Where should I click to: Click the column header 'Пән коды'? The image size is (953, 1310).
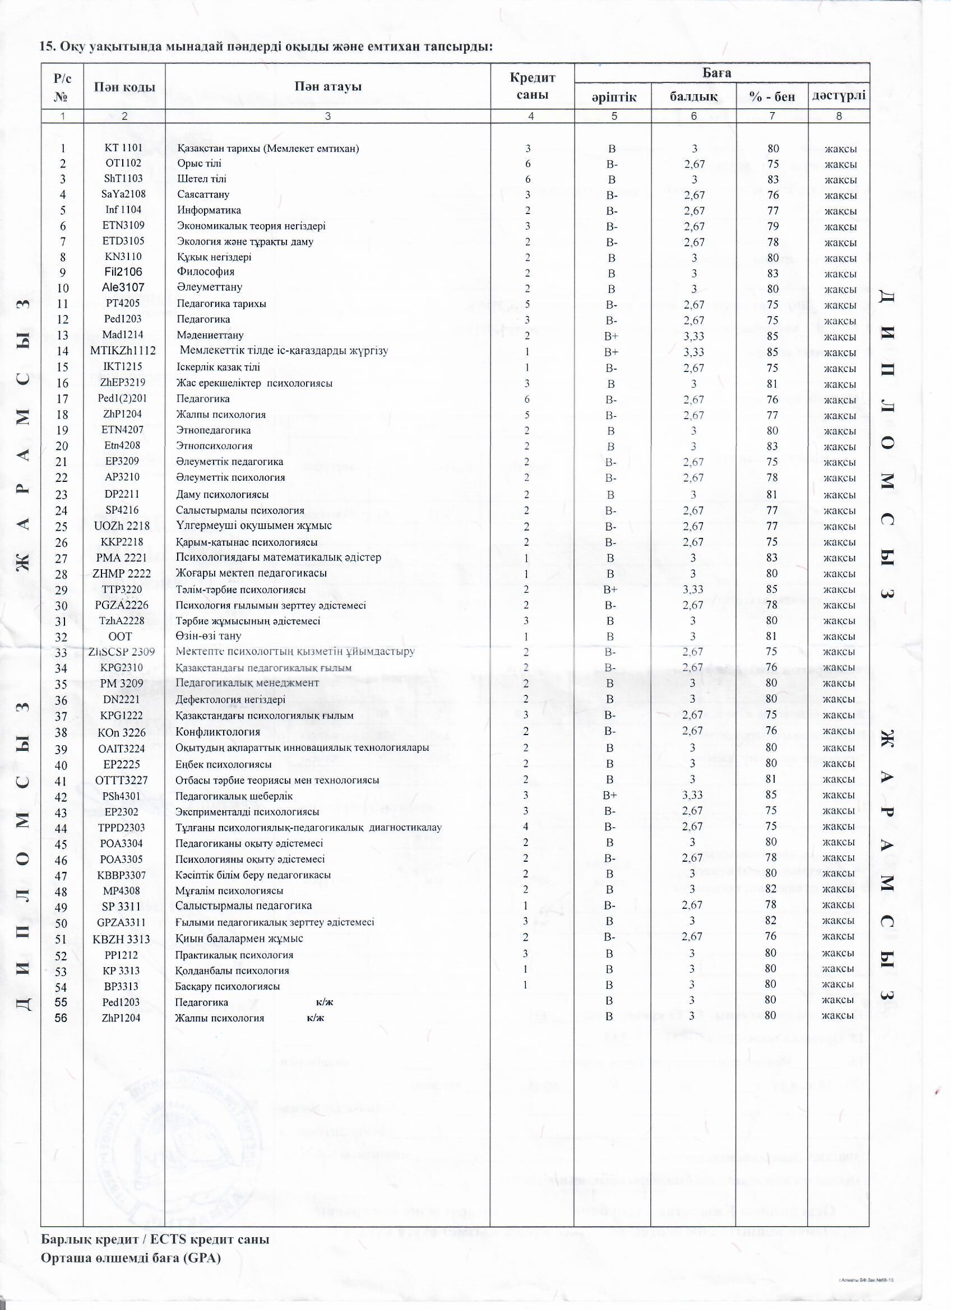pos(124,87)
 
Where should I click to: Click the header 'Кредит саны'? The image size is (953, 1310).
pos(531,86)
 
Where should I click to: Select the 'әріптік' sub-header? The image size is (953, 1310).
pos(613,96)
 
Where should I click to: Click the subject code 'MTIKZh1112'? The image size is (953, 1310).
pos(123,351)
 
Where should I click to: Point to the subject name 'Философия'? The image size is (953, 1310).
pos(205,272)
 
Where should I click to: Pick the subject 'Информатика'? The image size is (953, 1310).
pos(209,210)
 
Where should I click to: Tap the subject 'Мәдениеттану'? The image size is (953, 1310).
pos(210,335)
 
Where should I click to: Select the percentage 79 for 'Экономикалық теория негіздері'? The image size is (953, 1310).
pos(772,226)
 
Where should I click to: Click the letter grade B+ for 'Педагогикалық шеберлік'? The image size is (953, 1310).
pos(610,796)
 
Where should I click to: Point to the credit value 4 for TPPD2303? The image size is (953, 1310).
pos(525,826)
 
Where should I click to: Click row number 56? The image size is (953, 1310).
pos(61,1018)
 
